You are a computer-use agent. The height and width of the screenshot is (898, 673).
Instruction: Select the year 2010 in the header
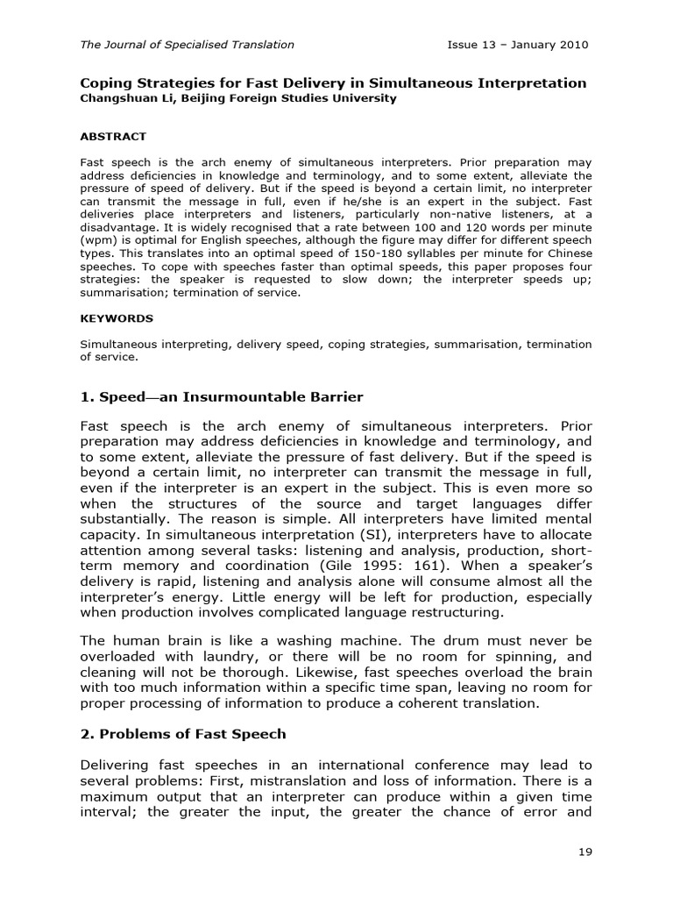571,45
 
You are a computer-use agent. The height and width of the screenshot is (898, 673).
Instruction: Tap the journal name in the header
188,45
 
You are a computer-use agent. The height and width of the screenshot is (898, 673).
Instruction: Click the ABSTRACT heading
113,137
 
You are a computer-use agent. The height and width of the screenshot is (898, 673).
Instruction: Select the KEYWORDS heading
117,318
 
